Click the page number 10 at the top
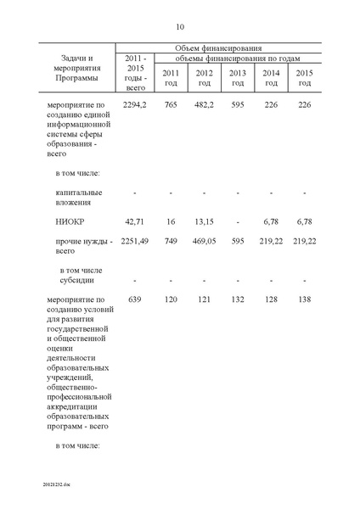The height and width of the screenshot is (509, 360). coord(180,26)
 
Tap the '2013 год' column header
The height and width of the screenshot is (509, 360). coord(238,77)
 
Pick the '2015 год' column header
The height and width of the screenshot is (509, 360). coord(304,77)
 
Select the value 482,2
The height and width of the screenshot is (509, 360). coord(204,104)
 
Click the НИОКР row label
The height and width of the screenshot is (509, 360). coord(67,221)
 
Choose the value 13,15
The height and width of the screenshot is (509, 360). coord(204,221)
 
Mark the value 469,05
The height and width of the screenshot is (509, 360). coord(204,241)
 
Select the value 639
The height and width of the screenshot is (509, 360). coord(136,299)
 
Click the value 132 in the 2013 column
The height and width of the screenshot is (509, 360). coord(238,299)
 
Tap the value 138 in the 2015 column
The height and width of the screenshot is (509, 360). coord(304,299)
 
